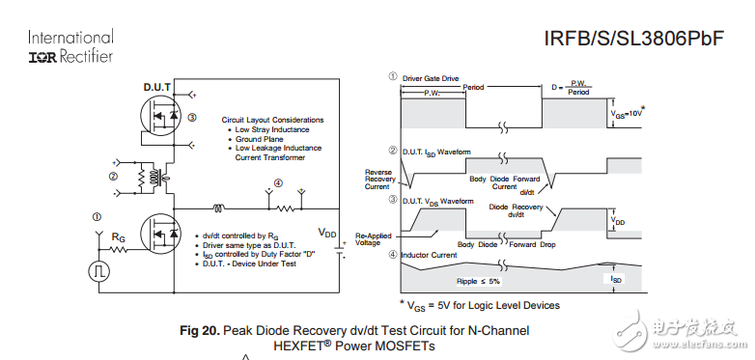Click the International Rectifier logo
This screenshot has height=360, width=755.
tap(70, 46)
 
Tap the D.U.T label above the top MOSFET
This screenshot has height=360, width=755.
tap(157, 87)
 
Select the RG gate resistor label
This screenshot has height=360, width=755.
tap(118, 235)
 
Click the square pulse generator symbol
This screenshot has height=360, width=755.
tap(98, 270)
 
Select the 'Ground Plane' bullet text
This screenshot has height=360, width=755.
tap(262, 139)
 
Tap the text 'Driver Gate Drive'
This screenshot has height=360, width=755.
tap(432, 76)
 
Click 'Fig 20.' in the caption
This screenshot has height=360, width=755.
tap(200, 331)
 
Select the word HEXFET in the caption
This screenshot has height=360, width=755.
tap(301, 346)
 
